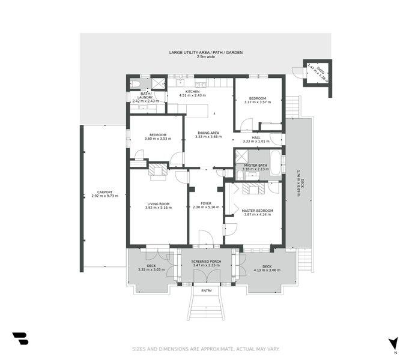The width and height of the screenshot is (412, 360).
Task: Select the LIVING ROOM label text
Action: [x=159, y=204]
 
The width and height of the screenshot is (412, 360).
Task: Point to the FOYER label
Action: [x=206, y=204]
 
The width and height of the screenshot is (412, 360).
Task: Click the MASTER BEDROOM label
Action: [x=257, y=211]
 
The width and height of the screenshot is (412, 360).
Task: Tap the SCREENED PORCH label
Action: [x=206, y=262]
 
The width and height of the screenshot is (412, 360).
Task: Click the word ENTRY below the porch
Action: [x=207, y=291]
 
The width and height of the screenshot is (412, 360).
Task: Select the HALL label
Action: [x=256, y=137]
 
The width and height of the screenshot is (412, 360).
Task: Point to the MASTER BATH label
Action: [x=255, y=165]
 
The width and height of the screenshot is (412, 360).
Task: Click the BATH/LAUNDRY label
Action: [x=146, y=95]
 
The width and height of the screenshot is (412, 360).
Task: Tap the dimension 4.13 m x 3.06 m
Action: [x=267, y=270]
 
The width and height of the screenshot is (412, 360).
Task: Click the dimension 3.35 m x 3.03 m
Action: [x=151, y=270]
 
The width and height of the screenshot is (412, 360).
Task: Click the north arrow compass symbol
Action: [x=393, y=344]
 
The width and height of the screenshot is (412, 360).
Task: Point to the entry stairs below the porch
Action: [x=205, y=306]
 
